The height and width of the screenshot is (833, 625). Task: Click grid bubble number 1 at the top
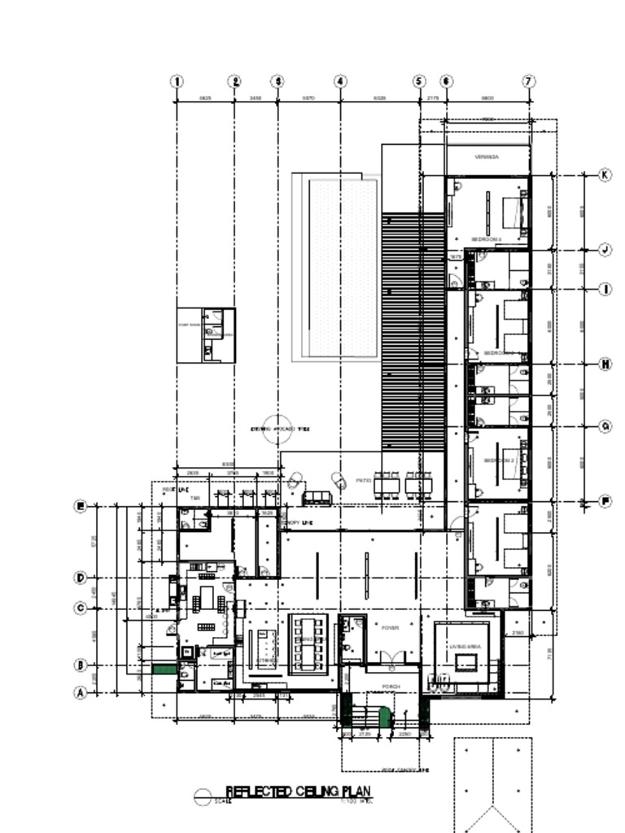pyautogui.click(x=177, y=81)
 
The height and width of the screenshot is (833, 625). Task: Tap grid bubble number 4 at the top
pyautogui.click(x=340, y=81)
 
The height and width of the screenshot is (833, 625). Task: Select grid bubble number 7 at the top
pyautogui.click(x=529, y=81)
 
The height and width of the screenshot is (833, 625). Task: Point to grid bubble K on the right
pyautogui.click(x=605, y=175)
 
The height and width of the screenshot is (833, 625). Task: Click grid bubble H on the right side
pyautogui.click(x=605, y=364)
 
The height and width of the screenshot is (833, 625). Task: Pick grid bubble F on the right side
pyautogui.click(x=605, y=501)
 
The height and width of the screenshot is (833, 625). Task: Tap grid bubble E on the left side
pyautogui.click(x=81, y=507)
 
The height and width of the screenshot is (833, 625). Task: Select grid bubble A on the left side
pyautogui.click(x=81, y=693)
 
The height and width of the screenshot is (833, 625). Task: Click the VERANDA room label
pyautogui.click(x=487, y=157)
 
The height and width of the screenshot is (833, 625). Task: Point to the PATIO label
pyautogui.click(x=363, y=481)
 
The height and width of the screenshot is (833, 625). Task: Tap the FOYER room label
pyautogui.click(x=390, y=628)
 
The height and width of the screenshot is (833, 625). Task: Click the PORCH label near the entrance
pyautogui.click(x=391, y=687)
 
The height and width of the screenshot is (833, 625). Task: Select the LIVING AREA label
pyautogui.click(x=465, y=647)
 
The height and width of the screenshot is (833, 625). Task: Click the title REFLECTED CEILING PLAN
pyautogui.click(x=299, y=792)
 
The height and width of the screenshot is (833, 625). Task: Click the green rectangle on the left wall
pyautogui.click(x=165, y=669)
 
